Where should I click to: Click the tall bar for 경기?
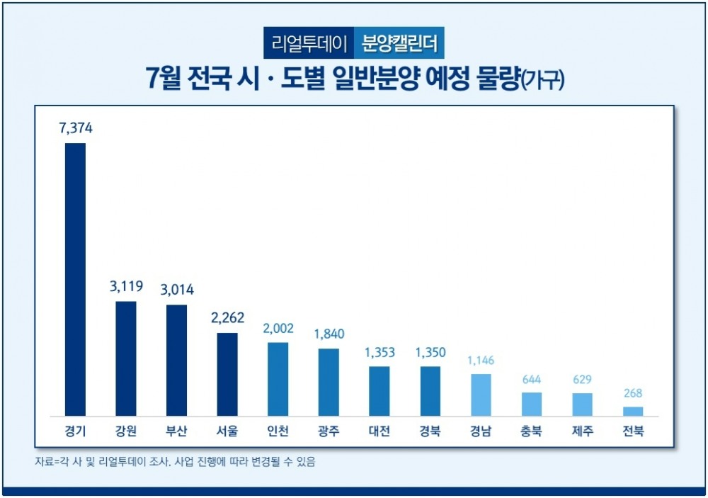point(75,279)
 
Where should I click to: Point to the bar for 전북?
point(633,412)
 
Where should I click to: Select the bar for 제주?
point(582,404)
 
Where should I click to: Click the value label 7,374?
point(75,129)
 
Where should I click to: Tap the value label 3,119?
point(126,287)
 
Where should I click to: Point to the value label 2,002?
point(278,329)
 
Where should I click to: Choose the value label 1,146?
point(481,361)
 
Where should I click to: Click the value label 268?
point(633,394)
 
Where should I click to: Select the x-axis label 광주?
point(329,431)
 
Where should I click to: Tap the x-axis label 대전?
point(379,431)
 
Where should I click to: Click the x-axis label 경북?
point(430,431)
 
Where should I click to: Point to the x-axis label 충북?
point(532,431)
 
